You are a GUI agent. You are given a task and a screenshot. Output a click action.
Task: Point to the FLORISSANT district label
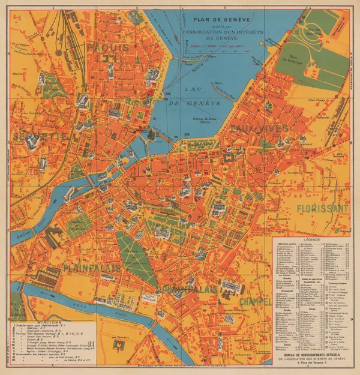click(x=322, y=209)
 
